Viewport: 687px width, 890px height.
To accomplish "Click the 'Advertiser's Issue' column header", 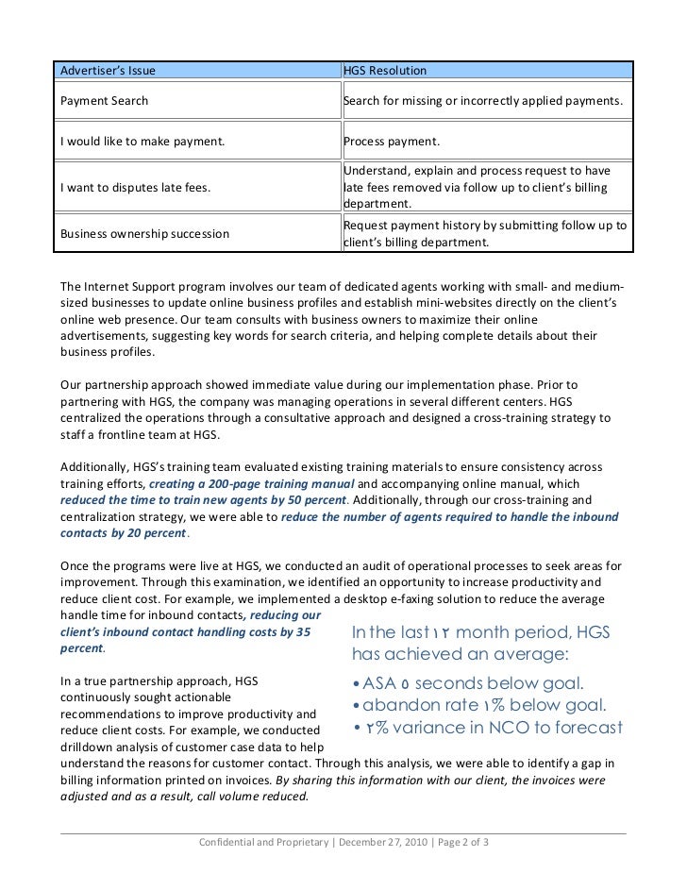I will click(108, 71).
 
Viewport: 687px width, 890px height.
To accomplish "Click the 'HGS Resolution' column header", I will click(384, 71).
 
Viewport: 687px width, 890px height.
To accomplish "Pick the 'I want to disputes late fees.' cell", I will click(135, 187).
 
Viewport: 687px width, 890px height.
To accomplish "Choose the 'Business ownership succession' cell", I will click(144, 233).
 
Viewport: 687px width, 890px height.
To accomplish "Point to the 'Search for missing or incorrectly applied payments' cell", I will click(483, 100).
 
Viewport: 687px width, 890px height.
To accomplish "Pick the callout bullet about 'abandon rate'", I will click(478, 706).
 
